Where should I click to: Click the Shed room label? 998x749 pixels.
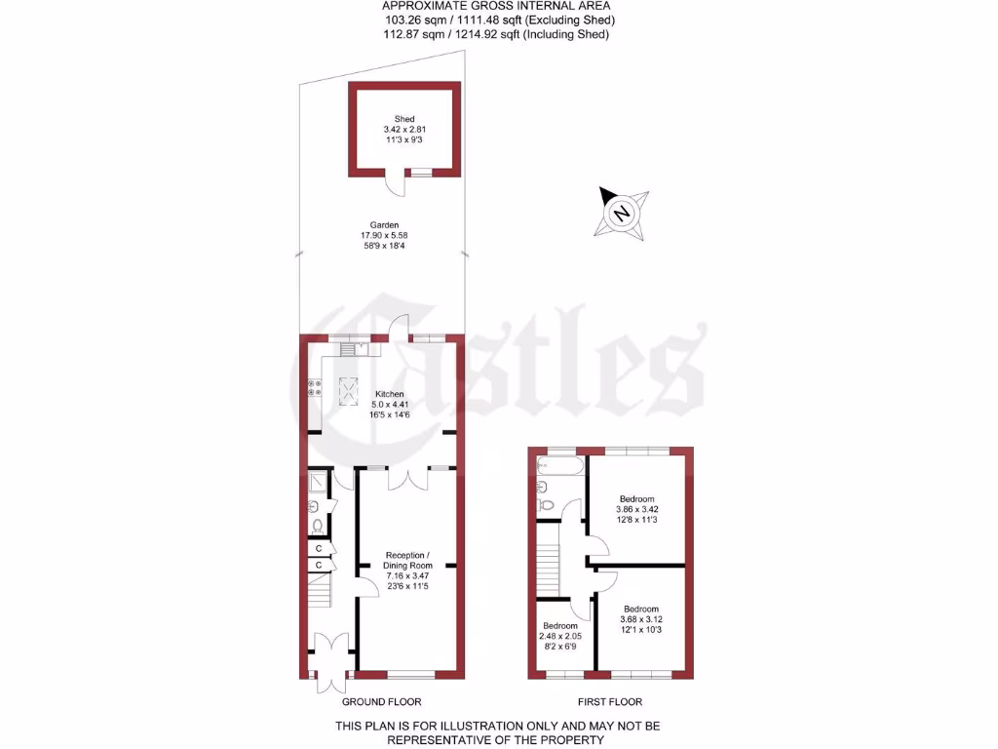404,119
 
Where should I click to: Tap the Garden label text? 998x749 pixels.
384,224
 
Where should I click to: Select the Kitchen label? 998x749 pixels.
390,394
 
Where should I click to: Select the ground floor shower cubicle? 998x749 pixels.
318,482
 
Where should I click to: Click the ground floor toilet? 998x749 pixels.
318,527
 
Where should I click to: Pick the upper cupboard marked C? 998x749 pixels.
318,549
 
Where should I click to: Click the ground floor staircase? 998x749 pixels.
320,591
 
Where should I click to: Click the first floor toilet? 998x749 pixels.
547,505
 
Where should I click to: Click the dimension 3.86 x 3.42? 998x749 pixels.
637,509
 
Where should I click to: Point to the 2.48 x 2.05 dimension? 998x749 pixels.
561,636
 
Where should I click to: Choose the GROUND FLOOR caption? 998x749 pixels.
381,702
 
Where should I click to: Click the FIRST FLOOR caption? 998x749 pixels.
610,702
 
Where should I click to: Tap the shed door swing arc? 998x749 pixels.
393,184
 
